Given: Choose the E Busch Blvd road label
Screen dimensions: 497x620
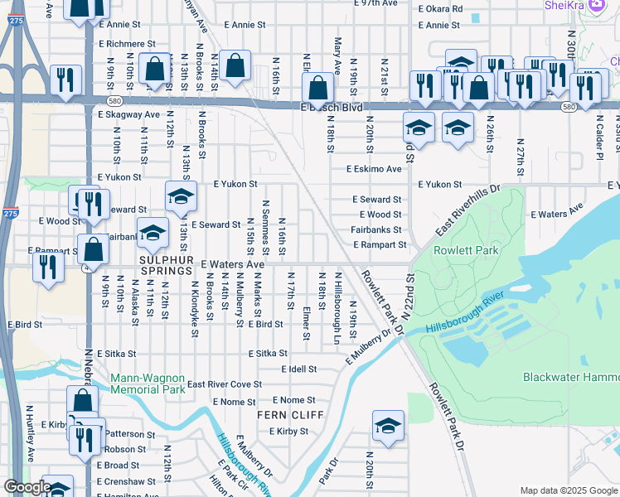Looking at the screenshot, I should click(x=332, y=108).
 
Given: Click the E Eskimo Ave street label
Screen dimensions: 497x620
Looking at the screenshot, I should click(x=373, y=169).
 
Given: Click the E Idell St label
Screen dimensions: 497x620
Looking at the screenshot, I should click(x=299, y=369).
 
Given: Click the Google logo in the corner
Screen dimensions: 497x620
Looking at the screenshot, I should click(x=27, y=488).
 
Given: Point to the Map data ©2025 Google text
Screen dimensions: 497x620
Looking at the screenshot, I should click(x=568, y=490).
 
